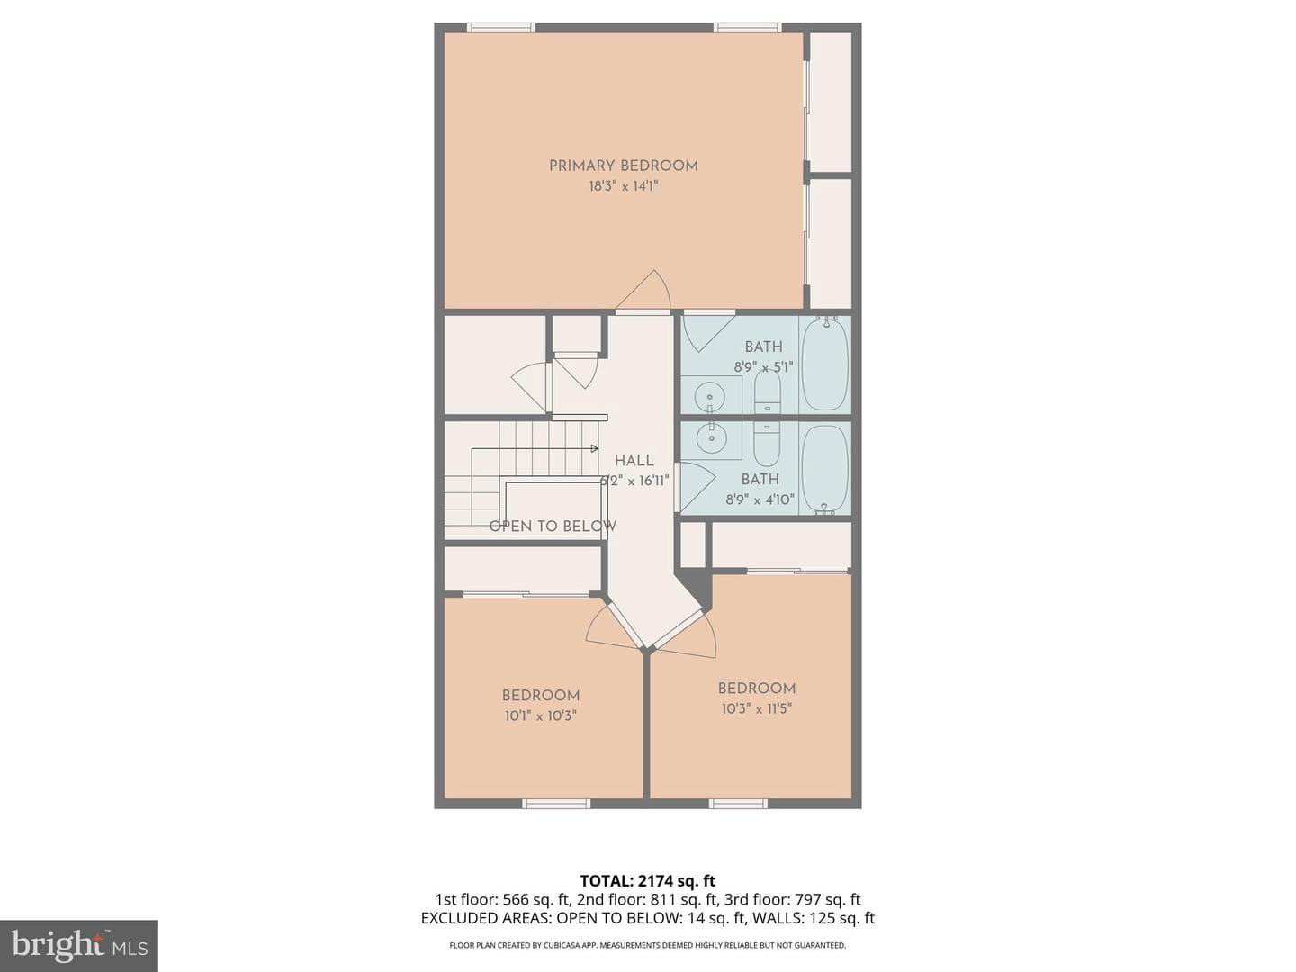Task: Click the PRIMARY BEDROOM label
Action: tap(624, 166)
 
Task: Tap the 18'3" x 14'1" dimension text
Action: tap(624, 186)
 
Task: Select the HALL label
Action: tap(634, 460)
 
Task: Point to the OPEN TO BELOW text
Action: tap(553, 526)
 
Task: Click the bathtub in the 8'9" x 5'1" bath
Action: tap(825, 364)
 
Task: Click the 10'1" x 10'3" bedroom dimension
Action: tap(540, 715)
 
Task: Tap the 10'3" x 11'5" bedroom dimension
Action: tap(756, 708)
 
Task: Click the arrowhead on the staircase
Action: tap(595, 448)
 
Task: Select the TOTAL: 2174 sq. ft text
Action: tap(648, 880)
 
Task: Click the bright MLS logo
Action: tap(79, 947)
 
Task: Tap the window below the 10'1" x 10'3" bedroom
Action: tap(556, 803)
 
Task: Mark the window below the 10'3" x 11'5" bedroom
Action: tap(738, 803)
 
